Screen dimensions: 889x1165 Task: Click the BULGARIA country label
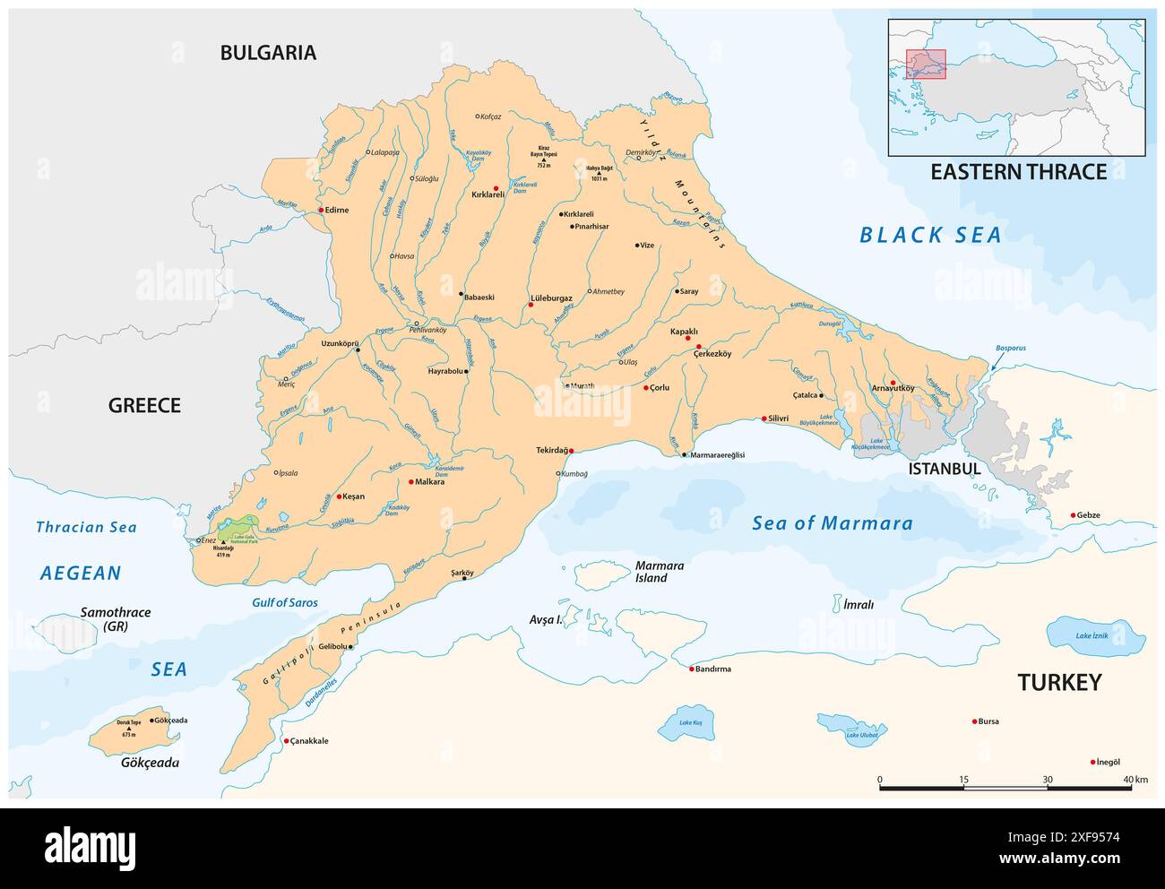coord(268,53)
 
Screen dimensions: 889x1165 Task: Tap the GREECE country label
coord(144,405)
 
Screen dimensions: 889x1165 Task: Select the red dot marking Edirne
coord(320,211)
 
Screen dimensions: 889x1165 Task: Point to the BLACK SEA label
coord(929,236)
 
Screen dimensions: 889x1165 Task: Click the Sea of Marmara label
coord(832,523)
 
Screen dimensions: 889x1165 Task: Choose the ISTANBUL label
coord(944,469)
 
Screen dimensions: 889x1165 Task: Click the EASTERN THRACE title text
coord(1018,172)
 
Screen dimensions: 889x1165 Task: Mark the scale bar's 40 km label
coord(1135,780)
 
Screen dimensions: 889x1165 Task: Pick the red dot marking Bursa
coord(975,721)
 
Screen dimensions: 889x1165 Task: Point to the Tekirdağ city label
coord(552,450)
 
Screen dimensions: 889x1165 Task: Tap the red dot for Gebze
coord(1074,515)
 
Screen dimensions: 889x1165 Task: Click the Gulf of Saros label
coord(284,603)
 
